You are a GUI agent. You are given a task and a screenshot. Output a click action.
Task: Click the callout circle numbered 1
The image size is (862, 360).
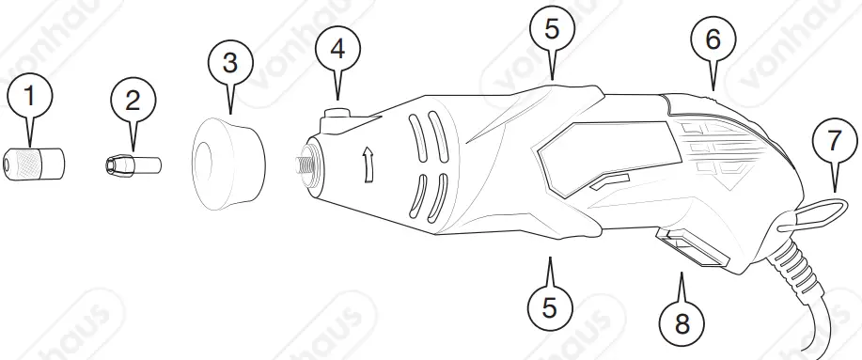pos(32,96)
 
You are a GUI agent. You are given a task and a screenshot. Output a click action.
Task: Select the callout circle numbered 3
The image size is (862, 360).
pos(230,65)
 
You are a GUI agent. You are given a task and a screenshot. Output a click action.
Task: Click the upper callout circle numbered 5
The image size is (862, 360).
pos(552,27)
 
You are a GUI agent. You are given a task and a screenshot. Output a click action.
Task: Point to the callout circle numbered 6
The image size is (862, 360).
pos(713,39)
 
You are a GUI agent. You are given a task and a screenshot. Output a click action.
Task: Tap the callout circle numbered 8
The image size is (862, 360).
pos(682,322)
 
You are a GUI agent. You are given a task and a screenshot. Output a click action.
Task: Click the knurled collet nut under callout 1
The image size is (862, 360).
pos(36,164)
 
